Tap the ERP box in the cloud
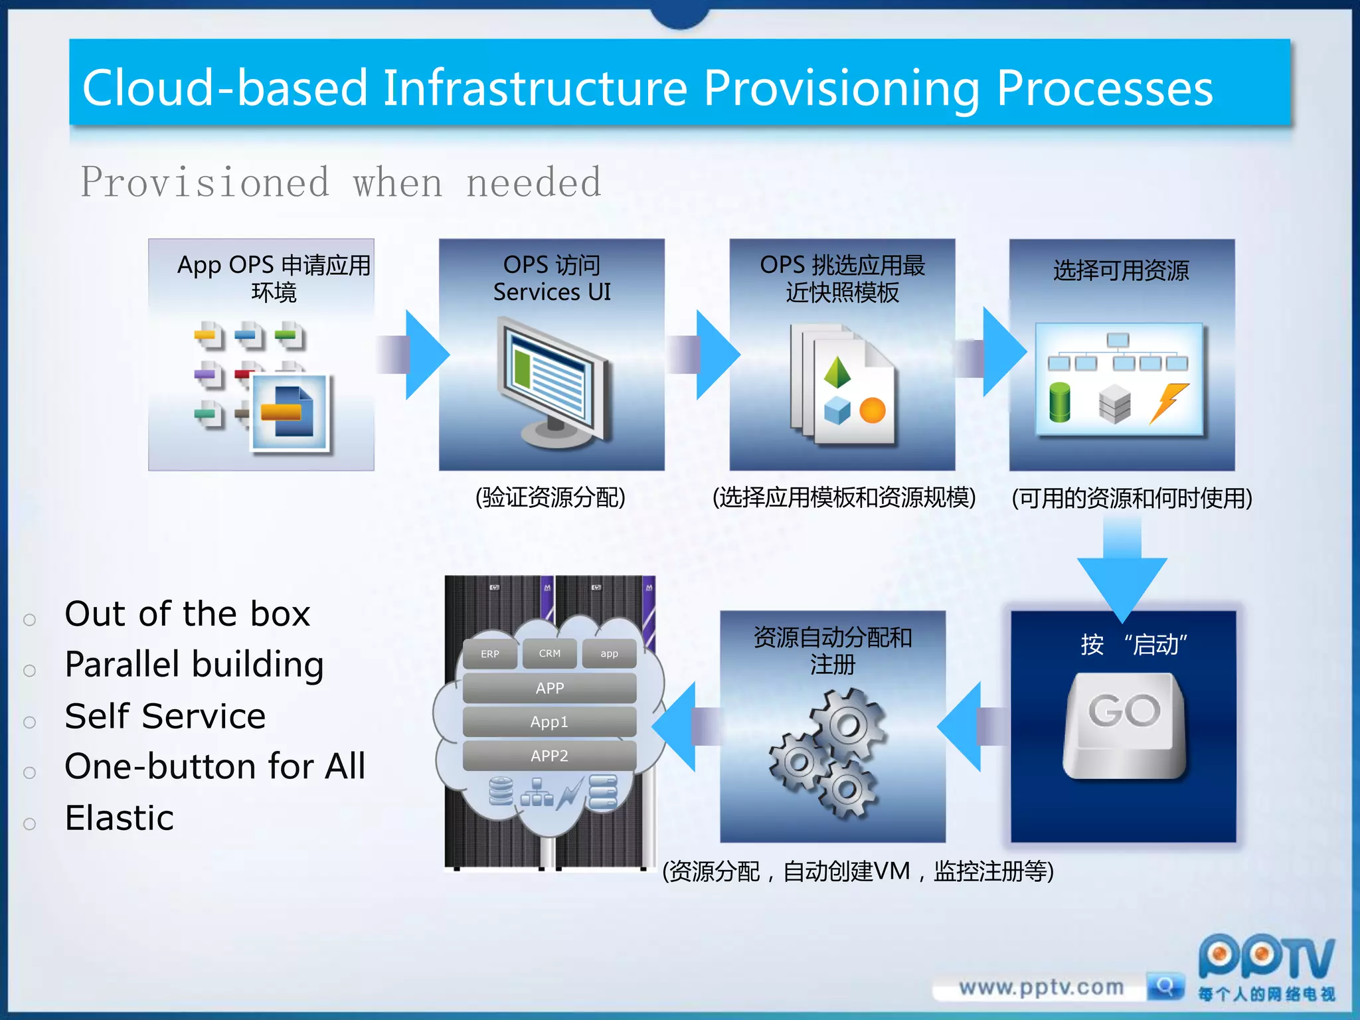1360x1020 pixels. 490,653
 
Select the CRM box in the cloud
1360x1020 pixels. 549,653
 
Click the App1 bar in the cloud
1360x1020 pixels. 549,722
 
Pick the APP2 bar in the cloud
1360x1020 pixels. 549,756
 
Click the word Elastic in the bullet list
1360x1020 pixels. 120,817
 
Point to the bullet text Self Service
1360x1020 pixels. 165,716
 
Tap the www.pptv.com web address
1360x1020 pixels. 1041,987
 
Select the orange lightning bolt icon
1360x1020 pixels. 1168,402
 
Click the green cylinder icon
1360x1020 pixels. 1059,402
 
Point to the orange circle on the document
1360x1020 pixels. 872,410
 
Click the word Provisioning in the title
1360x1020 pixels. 841,88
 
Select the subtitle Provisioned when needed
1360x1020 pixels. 341,183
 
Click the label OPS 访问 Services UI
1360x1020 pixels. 552,278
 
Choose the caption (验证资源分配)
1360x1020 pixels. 550,497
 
